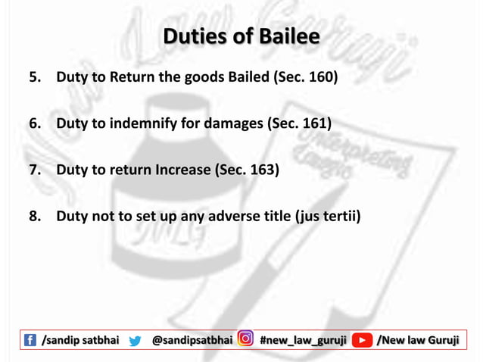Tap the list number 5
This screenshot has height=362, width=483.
coord(35,77)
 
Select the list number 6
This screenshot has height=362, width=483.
coord(35,123)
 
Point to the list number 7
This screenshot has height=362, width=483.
coord(35,170)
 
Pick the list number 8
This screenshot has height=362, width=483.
coord(35,217)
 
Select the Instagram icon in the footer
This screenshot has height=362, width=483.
coord(245,340)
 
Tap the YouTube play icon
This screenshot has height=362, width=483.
coord(362,341)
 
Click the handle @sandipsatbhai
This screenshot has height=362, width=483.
coord(192,341)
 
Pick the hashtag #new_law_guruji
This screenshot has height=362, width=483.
coord(303,341)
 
